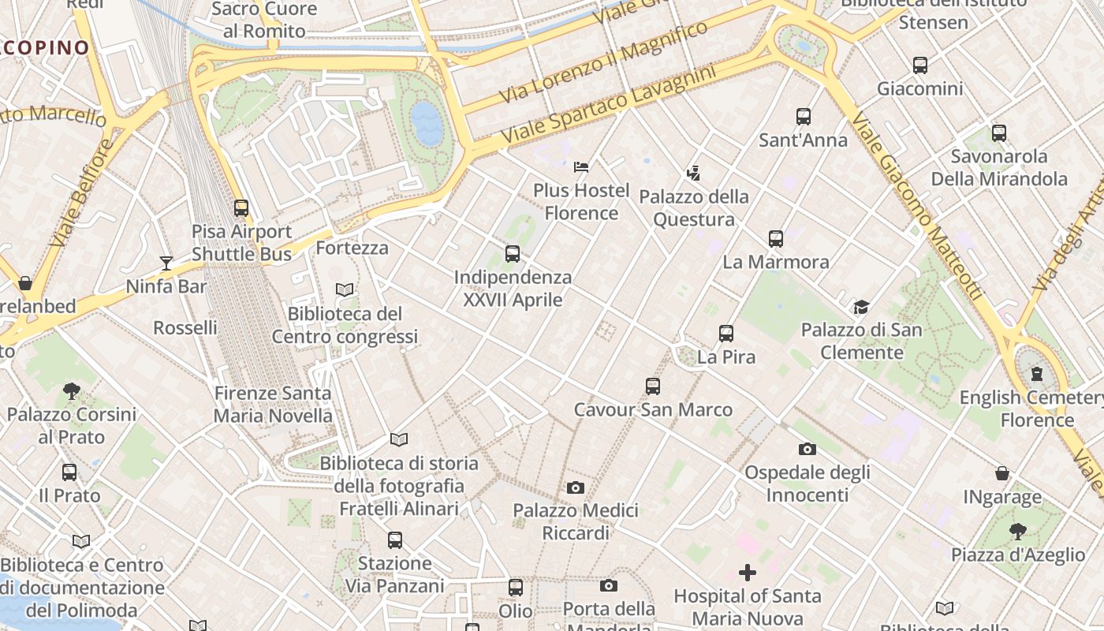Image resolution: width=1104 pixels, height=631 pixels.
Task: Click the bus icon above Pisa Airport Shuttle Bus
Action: click(241, 208)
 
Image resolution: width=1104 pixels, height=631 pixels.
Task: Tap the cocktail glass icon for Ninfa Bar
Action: click(166, 263)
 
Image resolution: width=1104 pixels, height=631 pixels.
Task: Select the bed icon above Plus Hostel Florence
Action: click(581, 167)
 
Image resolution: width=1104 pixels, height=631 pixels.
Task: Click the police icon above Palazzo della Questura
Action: click(694, 173)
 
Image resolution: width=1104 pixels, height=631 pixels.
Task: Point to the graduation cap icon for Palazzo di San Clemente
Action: click(861, 307)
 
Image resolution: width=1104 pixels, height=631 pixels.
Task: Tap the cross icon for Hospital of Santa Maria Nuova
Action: click(747, 573)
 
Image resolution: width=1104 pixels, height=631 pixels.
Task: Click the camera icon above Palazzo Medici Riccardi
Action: click(576, 487)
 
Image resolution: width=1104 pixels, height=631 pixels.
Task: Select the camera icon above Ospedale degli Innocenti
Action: click(807, 449)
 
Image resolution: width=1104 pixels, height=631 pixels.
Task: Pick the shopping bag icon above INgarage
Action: click(1001, 473)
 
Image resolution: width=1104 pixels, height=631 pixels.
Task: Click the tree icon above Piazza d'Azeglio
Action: click(1017, 531)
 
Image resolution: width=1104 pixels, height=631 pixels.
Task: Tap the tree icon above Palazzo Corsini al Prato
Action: click(72, 390)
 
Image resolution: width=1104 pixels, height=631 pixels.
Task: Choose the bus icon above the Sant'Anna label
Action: click(804, 117)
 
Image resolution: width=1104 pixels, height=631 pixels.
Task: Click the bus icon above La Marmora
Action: click(776, 238)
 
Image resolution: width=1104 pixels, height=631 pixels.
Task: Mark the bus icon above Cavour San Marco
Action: click(653, 386)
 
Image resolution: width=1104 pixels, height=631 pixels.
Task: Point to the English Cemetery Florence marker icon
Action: click(1037, 374)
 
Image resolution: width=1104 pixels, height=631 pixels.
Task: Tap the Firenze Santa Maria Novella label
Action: click(273, 404)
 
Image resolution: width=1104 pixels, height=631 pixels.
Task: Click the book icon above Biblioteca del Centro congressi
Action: click(345, 289)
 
